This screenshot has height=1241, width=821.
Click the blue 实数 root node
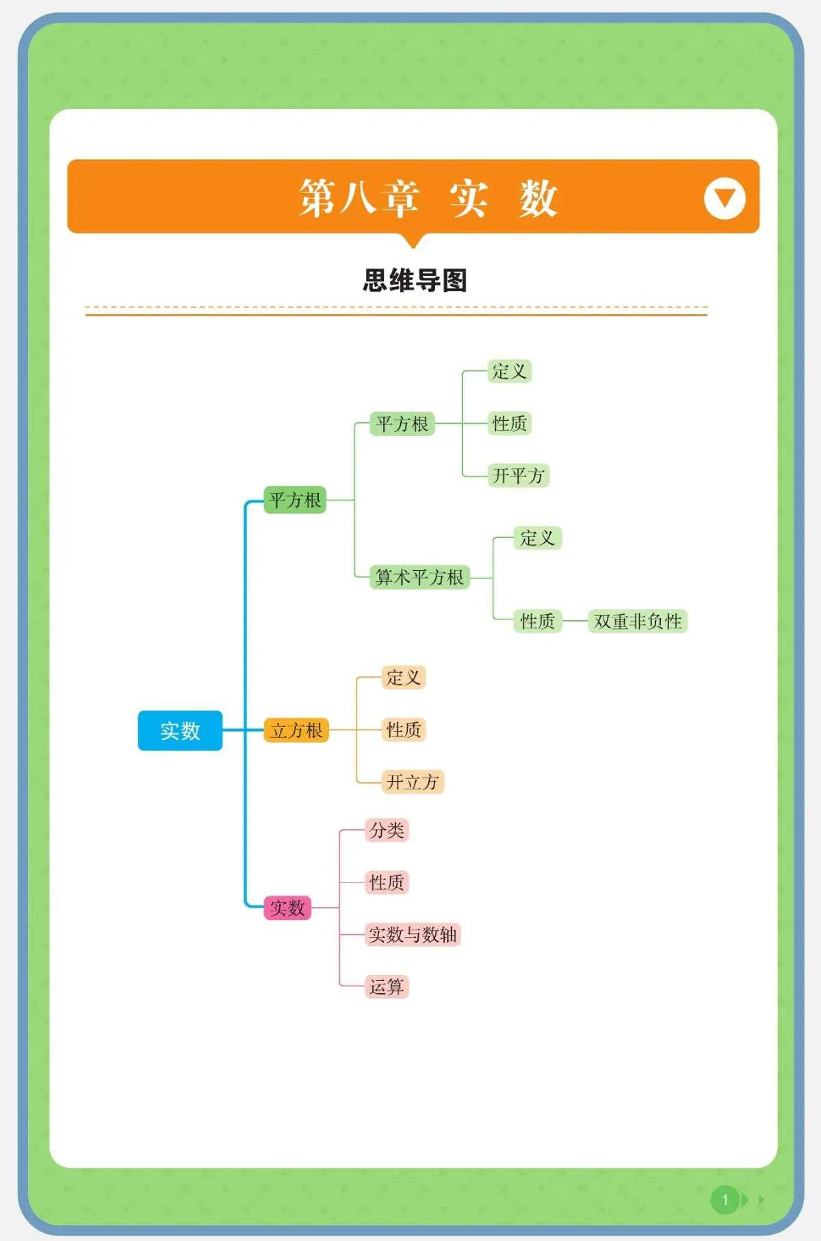click(x=180, y=730)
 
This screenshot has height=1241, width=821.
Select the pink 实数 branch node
click(x=287, y=908)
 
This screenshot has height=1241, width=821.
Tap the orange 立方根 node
click(x=296, y=730)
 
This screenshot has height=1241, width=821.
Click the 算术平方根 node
click(x=419, y=577)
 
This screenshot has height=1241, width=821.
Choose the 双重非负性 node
click(x=638, y=621)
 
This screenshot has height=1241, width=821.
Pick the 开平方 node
click(x=518, y=475)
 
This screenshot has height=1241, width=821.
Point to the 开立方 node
click(x=413, y=782)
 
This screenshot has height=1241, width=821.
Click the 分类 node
click(x=387, y=830)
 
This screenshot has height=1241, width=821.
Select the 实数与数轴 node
click(x=413, y=934)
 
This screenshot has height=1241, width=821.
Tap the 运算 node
click(x=387, y=986)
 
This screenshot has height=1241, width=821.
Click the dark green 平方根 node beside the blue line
click(x=295, y=500)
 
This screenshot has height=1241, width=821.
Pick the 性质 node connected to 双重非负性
click(x=538, y=621)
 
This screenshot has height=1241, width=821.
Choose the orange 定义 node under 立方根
click(x=404, y=678)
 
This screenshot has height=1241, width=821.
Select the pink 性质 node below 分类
click(x=387, y=882)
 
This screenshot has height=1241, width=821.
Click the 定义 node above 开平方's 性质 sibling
click(x=509, y=371)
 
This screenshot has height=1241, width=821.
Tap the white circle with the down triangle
click(x=725, y=199)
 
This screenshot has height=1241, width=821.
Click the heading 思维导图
click(x=415, y=281)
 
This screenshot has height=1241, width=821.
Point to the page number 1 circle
click(x=725, y=1199)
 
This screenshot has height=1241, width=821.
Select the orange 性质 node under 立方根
click(x=404, y=730)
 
